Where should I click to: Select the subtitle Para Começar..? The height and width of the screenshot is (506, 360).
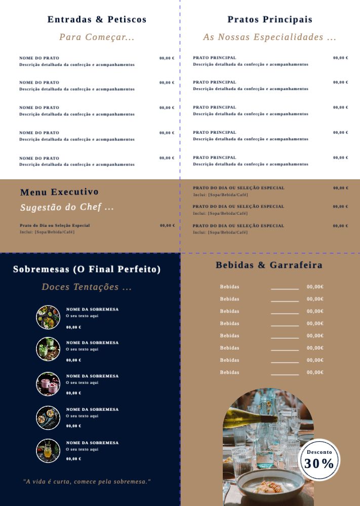(97, 37)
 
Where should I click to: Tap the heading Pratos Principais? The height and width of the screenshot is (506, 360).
(270, 20)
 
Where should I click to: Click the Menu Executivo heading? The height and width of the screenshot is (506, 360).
(59, 192)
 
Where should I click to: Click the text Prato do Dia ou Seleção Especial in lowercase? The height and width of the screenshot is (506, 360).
(55, 225)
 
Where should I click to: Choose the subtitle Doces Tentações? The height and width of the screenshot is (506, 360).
(87, 287)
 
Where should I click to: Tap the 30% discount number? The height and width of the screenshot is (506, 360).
(319, 463)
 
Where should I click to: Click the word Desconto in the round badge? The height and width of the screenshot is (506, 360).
(319, 452)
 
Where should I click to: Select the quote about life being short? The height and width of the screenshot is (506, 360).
(87, 481)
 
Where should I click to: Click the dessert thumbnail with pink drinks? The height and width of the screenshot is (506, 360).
(48, 384)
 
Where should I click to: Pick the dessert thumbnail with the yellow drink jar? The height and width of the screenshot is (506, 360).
(48, 451)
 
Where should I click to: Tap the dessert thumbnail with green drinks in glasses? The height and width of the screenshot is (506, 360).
(48, 349)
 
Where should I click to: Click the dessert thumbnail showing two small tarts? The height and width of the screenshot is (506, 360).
(48, 417)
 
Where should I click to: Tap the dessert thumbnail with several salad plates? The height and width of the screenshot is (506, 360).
(48, 317)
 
